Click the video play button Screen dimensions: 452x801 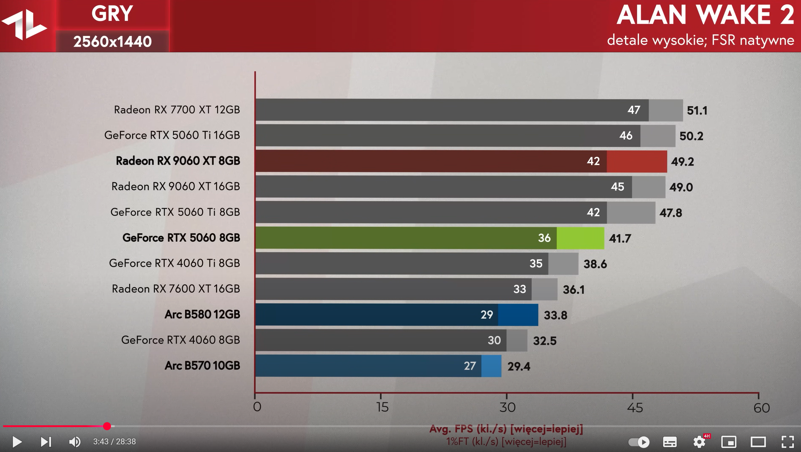point(17,442)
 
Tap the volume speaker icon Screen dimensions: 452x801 point(75,442)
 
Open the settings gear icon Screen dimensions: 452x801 point(699,442)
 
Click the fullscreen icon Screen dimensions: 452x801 point(787,442)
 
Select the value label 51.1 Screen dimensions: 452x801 point(697,111)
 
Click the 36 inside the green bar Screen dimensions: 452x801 point(544,238)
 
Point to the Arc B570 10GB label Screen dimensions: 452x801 point(202,365)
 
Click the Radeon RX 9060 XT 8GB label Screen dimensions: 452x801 point(178,161)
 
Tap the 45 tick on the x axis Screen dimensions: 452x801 point(634,407)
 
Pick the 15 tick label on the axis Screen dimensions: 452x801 point(383,407)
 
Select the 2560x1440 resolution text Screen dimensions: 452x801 point(113,41)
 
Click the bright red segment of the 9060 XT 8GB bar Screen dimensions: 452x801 point(636,161)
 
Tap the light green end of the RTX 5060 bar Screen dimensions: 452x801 point(580,238)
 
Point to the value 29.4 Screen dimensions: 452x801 point(519,366)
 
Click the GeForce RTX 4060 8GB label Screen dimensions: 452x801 point(180,340)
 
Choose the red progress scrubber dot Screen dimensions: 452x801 point(107,426)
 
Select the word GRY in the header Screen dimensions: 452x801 point(112,14)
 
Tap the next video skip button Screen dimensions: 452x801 point(46,442)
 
